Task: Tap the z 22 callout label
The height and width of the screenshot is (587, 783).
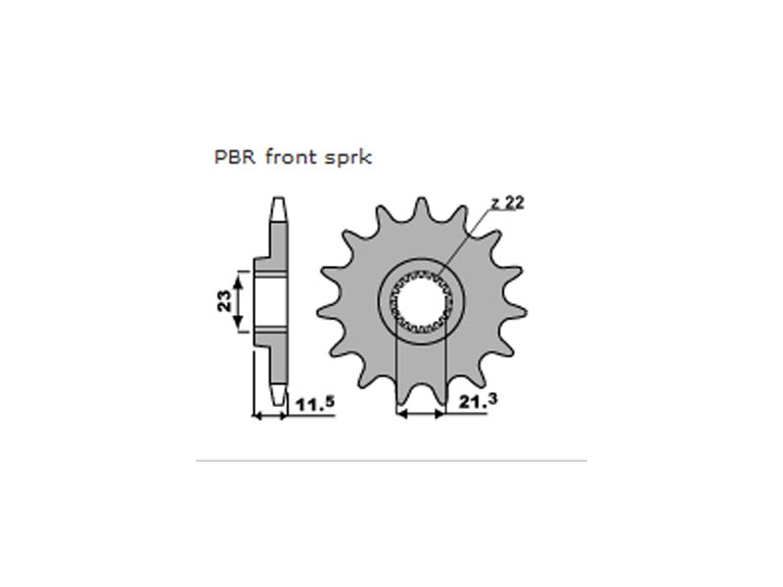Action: pos(509,203)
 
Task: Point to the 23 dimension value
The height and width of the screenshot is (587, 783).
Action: pos(224,300)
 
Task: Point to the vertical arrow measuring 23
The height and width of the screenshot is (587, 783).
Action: pos(235,300)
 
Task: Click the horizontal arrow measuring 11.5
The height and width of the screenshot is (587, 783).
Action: pos(269,416)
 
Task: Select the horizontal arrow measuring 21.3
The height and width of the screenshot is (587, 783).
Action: pos(420,416)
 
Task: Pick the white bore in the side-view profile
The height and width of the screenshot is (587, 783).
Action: pos(271,300)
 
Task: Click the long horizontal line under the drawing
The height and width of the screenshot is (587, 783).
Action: pos(391,460)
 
